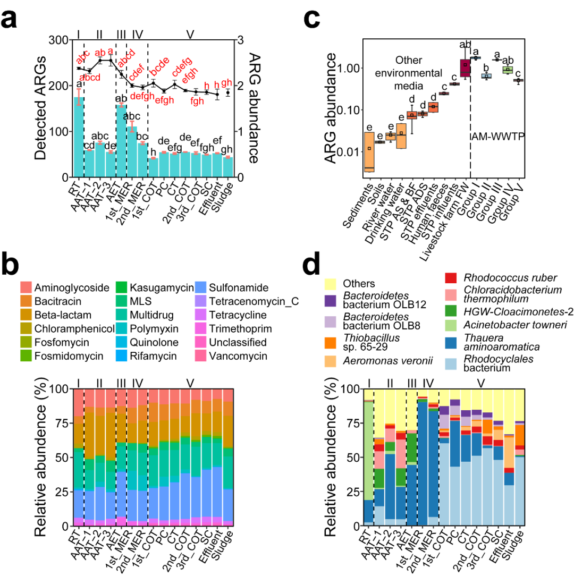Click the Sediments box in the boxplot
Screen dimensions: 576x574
368,152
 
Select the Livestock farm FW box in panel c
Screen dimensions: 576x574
465,67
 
